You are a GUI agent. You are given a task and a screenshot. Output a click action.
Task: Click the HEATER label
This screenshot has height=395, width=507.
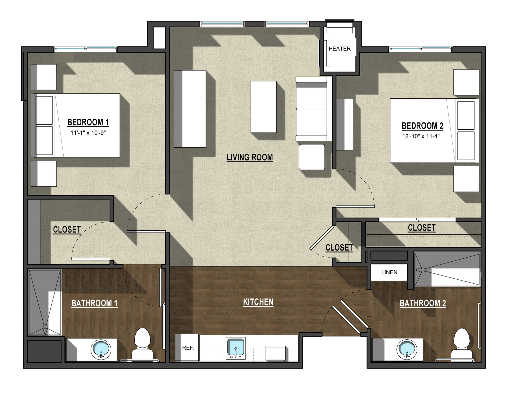click(340, 49)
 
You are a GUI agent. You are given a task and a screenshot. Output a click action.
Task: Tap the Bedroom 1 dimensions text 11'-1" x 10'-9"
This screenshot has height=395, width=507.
click(88, 133)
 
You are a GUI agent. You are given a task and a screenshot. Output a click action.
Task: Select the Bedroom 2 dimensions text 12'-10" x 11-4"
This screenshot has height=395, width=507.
click(421, 136)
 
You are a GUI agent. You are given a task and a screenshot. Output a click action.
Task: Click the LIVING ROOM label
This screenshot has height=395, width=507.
click(250, 157)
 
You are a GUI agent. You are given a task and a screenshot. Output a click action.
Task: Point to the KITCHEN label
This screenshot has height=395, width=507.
click(258, 302)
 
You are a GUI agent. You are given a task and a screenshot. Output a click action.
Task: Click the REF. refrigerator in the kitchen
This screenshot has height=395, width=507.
click(187, 348)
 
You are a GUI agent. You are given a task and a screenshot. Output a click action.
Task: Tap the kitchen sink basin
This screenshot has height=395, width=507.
click(236, 346)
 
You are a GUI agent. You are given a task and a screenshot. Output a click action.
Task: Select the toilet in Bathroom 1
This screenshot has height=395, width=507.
click(142, 344)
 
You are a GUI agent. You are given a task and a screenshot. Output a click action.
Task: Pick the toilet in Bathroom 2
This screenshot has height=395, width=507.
click(462, 344)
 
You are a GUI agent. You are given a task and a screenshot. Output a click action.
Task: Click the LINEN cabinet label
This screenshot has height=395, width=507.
click(389, 272)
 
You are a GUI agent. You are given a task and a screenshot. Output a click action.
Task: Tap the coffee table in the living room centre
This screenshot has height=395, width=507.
click(264, 107)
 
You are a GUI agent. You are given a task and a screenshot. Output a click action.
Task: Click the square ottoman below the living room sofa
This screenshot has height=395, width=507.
click(312, 157)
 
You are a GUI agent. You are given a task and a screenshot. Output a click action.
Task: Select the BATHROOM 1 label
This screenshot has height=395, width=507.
click(94, 303)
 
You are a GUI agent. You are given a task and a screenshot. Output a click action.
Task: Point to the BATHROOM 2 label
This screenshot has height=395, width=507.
click(423, 303)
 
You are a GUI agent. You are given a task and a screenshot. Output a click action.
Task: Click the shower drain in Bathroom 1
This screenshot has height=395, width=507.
click(45, 327)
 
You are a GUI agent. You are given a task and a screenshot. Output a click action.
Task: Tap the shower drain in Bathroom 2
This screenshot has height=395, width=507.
click(423, 270)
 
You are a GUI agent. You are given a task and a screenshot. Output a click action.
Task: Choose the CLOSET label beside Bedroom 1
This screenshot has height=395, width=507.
click(67, 230)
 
